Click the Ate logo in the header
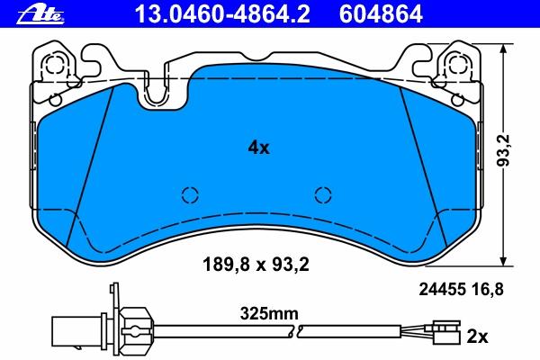tap(40, 15)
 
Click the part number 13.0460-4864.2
tap(222, 14)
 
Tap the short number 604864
tap(381, 14)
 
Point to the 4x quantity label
tap(258, 148)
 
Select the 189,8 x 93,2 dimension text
tap(256, 265)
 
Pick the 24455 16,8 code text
tap(461, 290)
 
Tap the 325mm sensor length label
tap(269, 314)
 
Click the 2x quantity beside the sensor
tap(477, 337)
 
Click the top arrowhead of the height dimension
tap(504, 49)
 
